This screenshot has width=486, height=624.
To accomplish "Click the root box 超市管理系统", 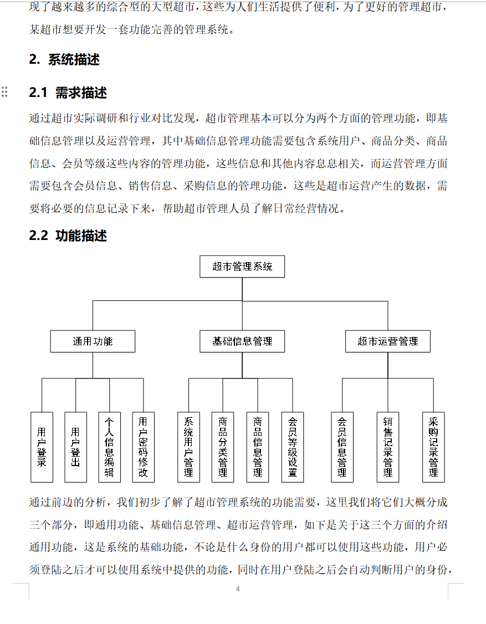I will click(242, 267).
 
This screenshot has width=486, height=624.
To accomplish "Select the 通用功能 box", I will click(93, 341).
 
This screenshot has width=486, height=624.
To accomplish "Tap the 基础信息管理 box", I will click(242, 341).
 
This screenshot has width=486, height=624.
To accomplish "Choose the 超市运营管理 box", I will click(387, 341).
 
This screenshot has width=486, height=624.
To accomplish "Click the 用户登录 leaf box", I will click(42, 447).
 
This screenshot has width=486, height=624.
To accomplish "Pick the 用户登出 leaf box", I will click(76, 447).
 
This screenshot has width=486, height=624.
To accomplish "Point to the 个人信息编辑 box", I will click(109, 447).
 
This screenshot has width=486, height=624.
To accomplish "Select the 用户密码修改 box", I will click(143, 447).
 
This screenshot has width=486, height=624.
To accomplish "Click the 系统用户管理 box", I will click(188, 447).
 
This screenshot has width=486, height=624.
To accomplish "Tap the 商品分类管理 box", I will click(223, 447).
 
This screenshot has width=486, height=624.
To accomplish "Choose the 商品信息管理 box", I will click(258, 447).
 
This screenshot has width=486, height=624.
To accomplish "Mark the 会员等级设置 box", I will click(292, 447).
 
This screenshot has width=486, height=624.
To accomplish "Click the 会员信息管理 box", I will click(342, 447).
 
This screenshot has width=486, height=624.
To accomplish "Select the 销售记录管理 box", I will click(388, 447).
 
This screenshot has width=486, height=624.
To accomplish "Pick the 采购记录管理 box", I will click(433, 447).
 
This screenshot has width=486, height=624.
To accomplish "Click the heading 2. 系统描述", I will click(64, 60).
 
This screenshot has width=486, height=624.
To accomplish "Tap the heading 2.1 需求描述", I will click(68, 93).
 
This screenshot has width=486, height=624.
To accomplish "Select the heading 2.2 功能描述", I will click(68, 236).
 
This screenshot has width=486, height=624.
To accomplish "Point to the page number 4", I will click(238, 589).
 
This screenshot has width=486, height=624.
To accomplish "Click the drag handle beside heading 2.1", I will click(5, 92).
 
